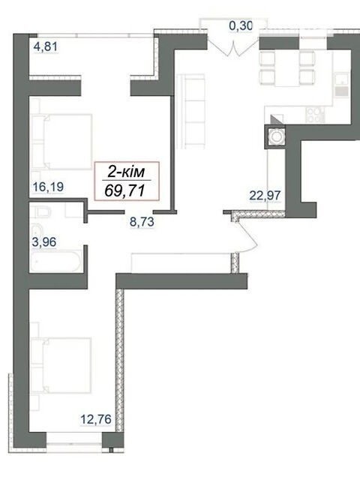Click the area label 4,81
point(46,46)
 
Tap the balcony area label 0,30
point(241,26)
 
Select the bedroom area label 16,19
point(48,187)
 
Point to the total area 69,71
point(124,191)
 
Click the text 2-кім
point(126,172)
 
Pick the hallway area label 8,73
point(142,221)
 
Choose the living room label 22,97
point(265,195)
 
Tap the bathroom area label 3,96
point(44,242)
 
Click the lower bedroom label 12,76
point(96,419)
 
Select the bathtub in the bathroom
point(55,261)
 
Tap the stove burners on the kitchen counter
point(315,115)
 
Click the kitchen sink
point(342,85)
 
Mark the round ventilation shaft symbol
point(277,136)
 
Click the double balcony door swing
point(233,46)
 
